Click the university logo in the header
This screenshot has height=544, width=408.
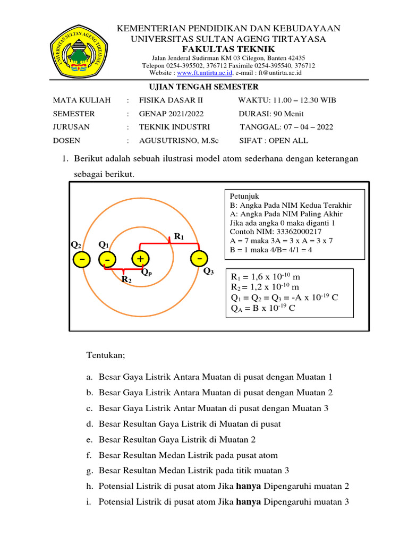[x=79, y=52]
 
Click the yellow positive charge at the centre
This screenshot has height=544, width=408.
[x=141, y=259]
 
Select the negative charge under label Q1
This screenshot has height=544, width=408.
[x=107, y=260]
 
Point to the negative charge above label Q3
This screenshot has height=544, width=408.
[x=199, y=258]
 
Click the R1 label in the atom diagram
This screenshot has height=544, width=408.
[x=178, y=236]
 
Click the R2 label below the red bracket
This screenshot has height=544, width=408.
[x=126, y=279]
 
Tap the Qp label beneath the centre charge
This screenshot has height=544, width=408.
[x=147, y=271]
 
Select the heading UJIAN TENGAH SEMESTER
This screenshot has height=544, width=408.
[x=202, y=87]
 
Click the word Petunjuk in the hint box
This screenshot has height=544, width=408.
[x=242, y=196]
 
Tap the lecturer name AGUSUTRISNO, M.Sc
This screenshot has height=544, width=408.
[x=178, y=141]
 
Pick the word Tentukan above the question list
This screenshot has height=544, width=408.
[x=105, y=354]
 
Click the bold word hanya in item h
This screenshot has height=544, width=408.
[x=249, y=487]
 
